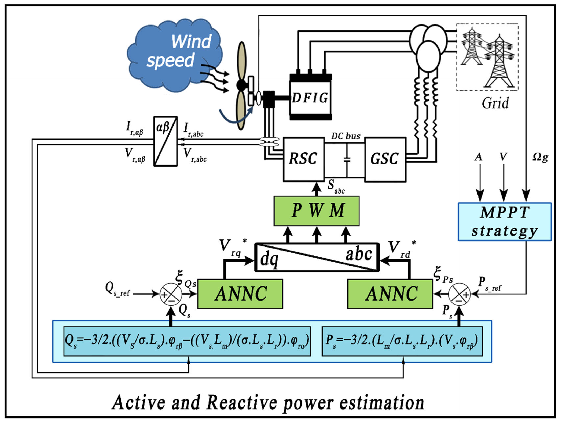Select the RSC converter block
pyautogui.click(x=304, y=159)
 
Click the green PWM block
pyautogui.click(x=317, y=211)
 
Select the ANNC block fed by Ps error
pyautogui.click(x=390, y=294)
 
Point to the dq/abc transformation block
pyautogui.click(x=317, y=257)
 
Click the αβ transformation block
pyautogui.click(x=165, y=141)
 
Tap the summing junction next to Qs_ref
pyautogui.click(x=171, y=294)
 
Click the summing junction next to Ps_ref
pyautogui.click(x=459, y=294)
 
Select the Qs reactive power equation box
pyautogui.click(x=187, y=341)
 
